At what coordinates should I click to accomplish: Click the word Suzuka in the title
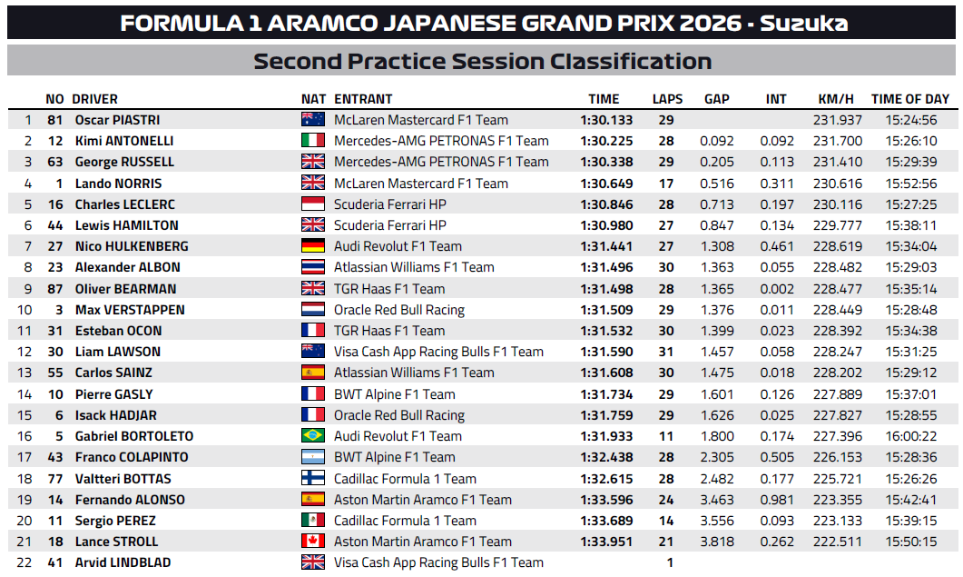[x=804, y=23]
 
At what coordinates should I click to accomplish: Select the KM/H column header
[x=835, y=99]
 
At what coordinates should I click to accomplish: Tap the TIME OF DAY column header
[x=909, y=99]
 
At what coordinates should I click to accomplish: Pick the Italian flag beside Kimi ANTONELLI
[x=312, y=141]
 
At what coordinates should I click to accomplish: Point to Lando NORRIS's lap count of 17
[x=667, y=183]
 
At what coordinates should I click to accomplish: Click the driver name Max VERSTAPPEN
[x=130, y=310]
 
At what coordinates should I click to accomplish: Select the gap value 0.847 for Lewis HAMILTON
[x=716, y=225]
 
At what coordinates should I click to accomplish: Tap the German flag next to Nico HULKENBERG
[x=312, y=246]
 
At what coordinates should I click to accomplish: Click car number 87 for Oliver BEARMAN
[x=55, y=289]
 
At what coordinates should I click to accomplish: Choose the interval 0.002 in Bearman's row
[x=776, y=289]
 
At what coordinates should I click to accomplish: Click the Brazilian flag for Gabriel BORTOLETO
[x=312, y=436]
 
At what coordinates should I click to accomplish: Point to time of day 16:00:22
[x=910, y=436]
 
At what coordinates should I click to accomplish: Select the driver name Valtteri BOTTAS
[x=123, y=479]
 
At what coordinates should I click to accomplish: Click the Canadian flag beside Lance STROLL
[x=312, y=542]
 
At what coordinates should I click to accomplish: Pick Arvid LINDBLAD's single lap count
[x=670, y=562]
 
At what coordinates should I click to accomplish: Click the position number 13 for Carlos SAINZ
[x=27, y=373]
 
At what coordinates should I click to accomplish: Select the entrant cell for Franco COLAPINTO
[x=394, y=457]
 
